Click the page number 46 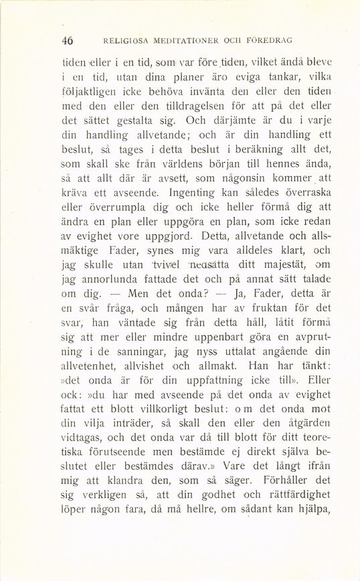coord(66,39)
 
